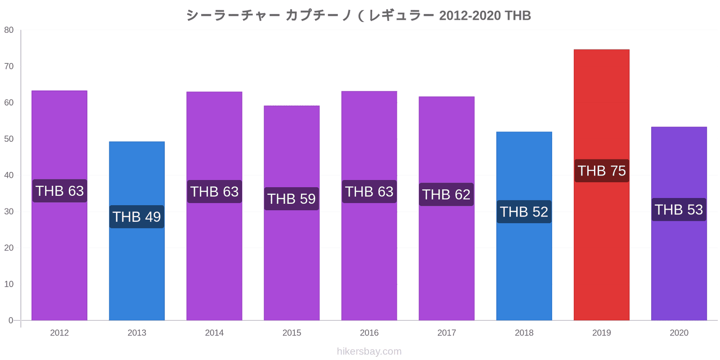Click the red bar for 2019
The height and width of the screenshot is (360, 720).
601,185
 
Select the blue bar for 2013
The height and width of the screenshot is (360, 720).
137,231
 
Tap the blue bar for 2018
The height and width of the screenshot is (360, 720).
524,226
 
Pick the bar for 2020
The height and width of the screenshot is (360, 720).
679,224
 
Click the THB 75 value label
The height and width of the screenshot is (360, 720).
602,171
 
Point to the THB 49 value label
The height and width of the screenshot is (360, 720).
137,216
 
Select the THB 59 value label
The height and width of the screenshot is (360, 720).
292,198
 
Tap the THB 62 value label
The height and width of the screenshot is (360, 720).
446,194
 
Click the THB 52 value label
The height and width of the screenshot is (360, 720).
524,212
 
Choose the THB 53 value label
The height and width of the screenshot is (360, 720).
679,210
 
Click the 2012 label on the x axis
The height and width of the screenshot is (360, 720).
59,333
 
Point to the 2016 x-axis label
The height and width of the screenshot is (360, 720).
369,333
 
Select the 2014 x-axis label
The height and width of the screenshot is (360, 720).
214,333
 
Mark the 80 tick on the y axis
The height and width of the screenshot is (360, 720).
9,30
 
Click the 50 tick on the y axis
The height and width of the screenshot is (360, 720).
9,139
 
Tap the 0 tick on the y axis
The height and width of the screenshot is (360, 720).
11,320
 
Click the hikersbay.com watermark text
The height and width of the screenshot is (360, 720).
369,351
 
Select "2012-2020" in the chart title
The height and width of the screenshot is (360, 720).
470,15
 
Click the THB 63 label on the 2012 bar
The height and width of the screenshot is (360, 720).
60,191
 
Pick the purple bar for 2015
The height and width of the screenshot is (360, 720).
292,213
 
